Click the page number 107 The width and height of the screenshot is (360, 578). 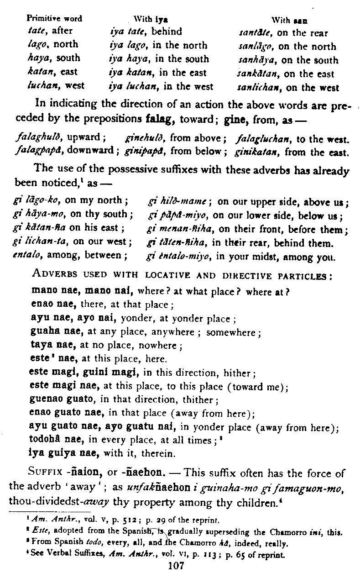coord(176,567)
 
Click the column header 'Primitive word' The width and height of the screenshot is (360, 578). coord(54,19)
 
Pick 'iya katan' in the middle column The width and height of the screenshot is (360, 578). coord(126,73)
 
